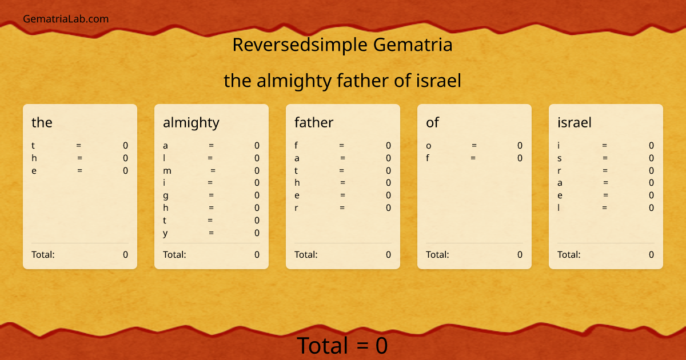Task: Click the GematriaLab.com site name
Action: (66, 19)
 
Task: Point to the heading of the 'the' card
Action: (42, 122)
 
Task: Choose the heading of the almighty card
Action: (191, 122)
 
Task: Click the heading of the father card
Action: (314, 122)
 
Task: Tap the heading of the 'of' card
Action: (433, 122)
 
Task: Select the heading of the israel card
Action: (575, 122)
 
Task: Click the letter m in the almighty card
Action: (167, 170)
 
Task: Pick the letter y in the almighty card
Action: (165, 233)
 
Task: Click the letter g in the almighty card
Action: (165, 195)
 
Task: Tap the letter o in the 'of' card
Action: (429, 146)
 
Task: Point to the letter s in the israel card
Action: (560, 158)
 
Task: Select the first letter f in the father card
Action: (296, 146)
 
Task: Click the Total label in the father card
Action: (306, 255)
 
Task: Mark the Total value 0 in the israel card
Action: (651, 255)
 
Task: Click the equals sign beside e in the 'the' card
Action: (80, 170)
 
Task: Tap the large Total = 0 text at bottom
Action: (342, 346)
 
